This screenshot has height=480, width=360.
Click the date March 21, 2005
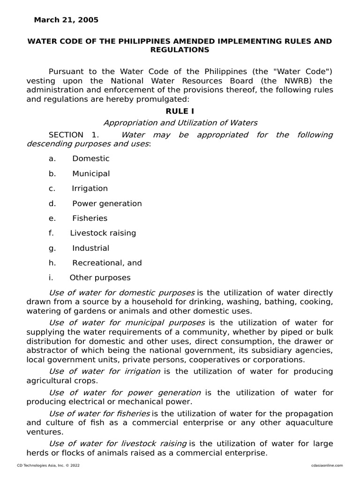coord(66,20)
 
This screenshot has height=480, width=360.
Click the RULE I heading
coord(180,111)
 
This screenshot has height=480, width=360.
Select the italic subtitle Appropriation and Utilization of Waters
coord(180,123)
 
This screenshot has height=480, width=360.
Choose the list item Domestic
coord(90,158)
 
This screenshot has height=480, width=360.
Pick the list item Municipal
coord(91,173)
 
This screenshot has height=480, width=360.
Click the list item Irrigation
coord(90,188)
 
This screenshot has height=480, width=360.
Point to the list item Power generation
coord(106,203)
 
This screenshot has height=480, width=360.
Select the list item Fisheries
coord(90,218)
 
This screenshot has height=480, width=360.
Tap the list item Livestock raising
coord(103,233)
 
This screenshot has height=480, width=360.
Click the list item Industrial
coord(90,248)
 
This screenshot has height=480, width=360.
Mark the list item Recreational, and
coord(106,263)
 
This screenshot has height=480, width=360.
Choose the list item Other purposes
coord(100,277)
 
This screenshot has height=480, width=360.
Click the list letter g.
coord(52,248)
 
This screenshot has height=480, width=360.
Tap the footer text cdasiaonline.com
coord(327,465)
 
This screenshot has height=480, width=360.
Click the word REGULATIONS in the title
coord(180,50)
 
